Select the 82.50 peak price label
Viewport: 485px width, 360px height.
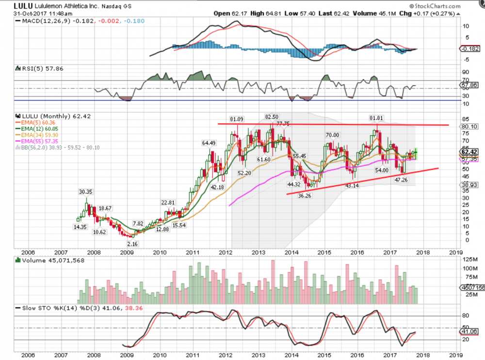[x=272, y=117]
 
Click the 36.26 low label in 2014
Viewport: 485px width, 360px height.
[x=305, y=196]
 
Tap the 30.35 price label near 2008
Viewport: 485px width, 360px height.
[x=86, y=192]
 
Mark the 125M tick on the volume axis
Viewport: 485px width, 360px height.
[x=467, y=259]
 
